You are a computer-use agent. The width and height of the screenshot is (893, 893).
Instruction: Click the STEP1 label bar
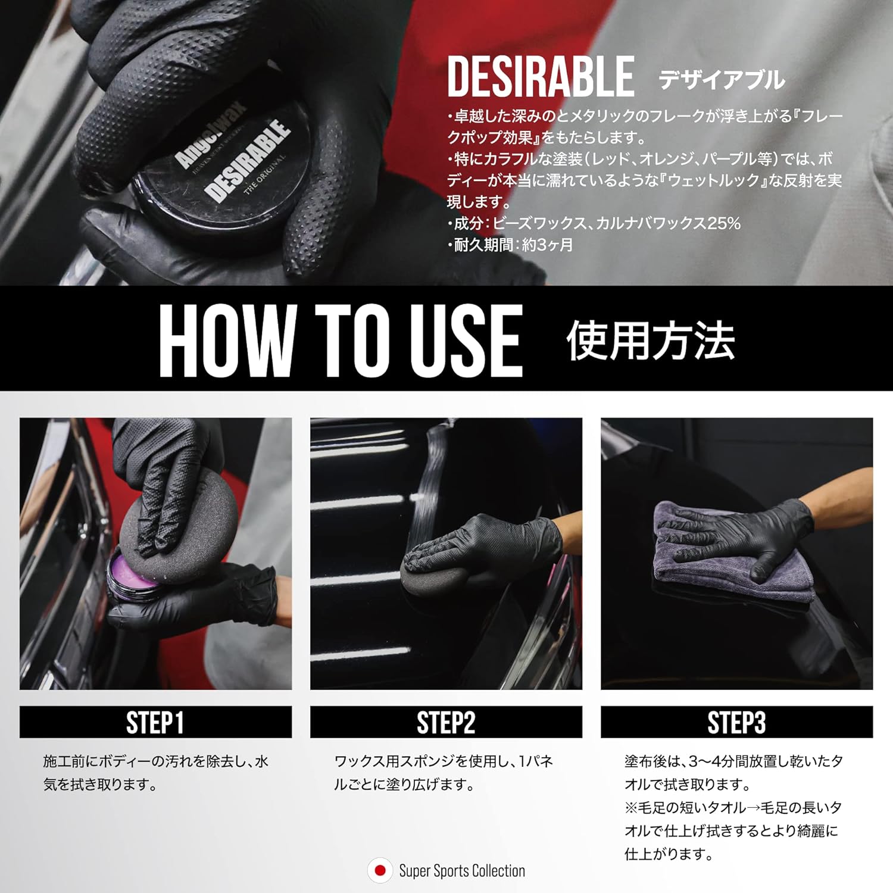155,722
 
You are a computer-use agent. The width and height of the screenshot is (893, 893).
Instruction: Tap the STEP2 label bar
446,722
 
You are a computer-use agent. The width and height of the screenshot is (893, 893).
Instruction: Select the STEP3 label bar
736,722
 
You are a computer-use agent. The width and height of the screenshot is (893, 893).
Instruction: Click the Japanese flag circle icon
380,870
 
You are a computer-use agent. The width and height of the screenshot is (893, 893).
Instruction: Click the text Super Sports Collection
462,871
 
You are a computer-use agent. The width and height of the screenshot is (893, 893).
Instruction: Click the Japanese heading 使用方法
650,341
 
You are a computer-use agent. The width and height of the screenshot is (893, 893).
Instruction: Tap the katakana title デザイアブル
722,80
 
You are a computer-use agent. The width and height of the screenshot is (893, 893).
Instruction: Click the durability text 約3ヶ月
547,245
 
